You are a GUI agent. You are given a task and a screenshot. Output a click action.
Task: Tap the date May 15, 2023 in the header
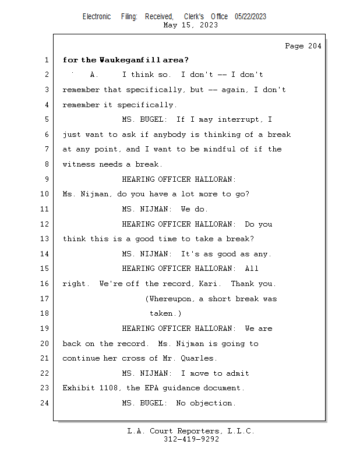tap(191, 25)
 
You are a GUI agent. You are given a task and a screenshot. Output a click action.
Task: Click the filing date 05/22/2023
tap(250, 16)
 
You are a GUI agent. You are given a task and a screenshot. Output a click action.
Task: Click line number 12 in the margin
tap(46, 224)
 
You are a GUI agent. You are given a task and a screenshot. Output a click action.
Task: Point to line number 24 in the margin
tap(46, 403)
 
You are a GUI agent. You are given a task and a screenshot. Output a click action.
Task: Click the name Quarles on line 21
tap(198, 358)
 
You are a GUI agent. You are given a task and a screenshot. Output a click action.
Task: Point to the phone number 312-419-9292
tap(191, 439)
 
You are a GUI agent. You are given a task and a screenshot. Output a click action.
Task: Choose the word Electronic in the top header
tap(97, 16)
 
